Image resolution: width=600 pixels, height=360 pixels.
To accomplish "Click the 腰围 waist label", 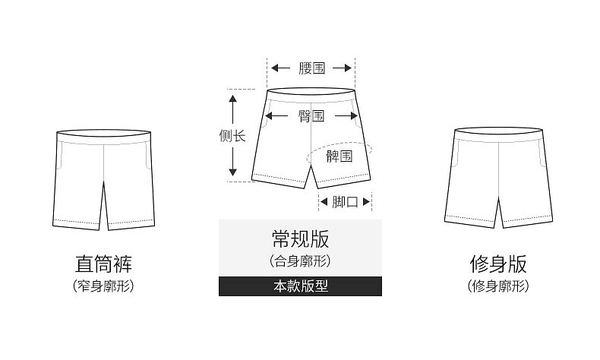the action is pos(311,68).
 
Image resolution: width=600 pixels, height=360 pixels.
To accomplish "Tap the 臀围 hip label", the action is pos(311,116).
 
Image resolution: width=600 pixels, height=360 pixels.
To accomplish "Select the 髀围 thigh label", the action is pos(339,156).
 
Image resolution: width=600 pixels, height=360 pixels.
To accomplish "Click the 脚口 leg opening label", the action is pos(346,202).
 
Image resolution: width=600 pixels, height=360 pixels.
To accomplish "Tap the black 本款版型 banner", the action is pos(300,286).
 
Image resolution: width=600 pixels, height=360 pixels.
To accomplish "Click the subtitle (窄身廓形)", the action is pos(103,286).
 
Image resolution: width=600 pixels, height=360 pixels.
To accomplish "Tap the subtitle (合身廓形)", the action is pos(300,261).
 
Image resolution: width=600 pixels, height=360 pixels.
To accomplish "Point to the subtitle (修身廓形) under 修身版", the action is pos(498,286).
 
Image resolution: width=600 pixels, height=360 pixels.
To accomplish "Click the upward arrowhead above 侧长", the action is pos(233,96).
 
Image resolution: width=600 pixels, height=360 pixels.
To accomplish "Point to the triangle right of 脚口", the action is pos(367,202).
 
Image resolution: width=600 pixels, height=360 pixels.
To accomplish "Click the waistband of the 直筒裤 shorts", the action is pos(103,136).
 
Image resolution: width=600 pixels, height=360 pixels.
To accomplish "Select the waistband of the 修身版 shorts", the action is pos(498,135).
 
